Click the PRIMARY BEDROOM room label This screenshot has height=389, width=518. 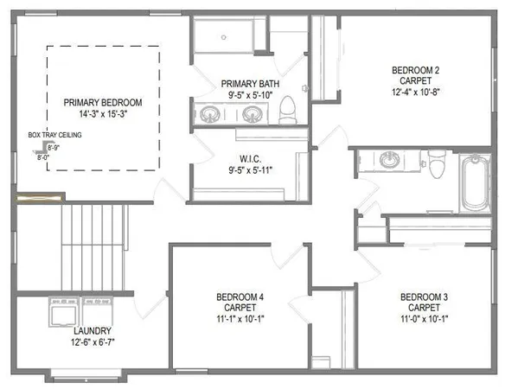coord(102,102)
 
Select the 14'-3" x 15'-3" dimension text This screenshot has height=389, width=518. coord(102,113)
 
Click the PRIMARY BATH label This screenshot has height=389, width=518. coord(246,83)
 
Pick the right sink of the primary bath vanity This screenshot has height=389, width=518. coord(252,112)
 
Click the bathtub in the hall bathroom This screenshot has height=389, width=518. coord(474,184)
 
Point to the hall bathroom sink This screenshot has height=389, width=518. coord(390,159)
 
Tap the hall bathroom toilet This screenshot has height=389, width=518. coord(438,161)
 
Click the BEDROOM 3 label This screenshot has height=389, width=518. coord(424,298)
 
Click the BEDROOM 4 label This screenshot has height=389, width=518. coord(240,298)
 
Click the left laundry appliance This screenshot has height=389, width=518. coord(63,310)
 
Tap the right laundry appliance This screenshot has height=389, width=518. coord(93,310)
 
